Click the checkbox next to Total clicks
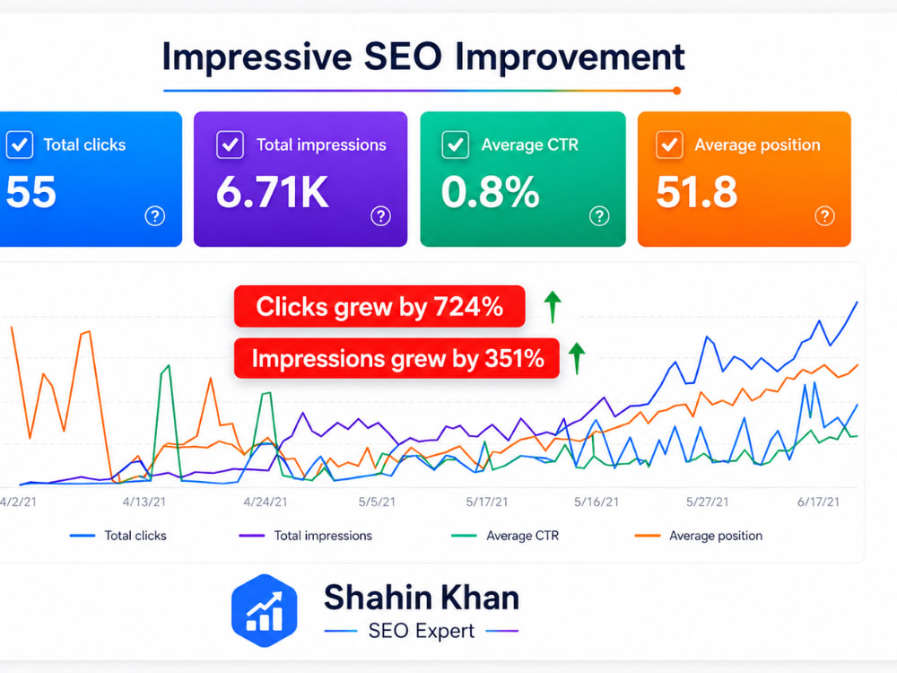tap(20, 144)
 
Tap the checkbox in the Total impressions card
tap(230, 144)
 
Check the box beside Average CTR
tap(456, 144)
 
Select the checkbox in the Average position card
tap(669, 144)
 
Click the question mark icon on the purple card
tap(381, 215)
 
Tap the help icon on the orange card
tap(824, 215)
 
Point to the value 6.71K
tap(273, 192)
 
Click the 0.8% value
tap(491, 192)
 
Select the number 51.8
tap(697, 192)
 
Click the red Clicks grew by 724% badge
tap(379, 306)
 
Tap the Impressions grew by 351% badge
tap(396, 358)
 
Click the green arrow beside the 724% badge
tap(553, 307)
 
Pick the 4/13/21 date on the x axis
tap(144, 502)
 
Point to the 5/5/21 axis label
tap(377, 502)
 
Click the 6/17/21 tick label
tap(819, 502)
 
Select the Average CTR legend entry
tap(504, 536)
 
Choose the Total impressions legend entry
tap(306, 536)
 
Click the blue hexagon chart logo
tap(265, 610)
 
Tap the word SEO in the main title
tap(403, 57)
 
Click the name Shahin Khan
tap(422, 598)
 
